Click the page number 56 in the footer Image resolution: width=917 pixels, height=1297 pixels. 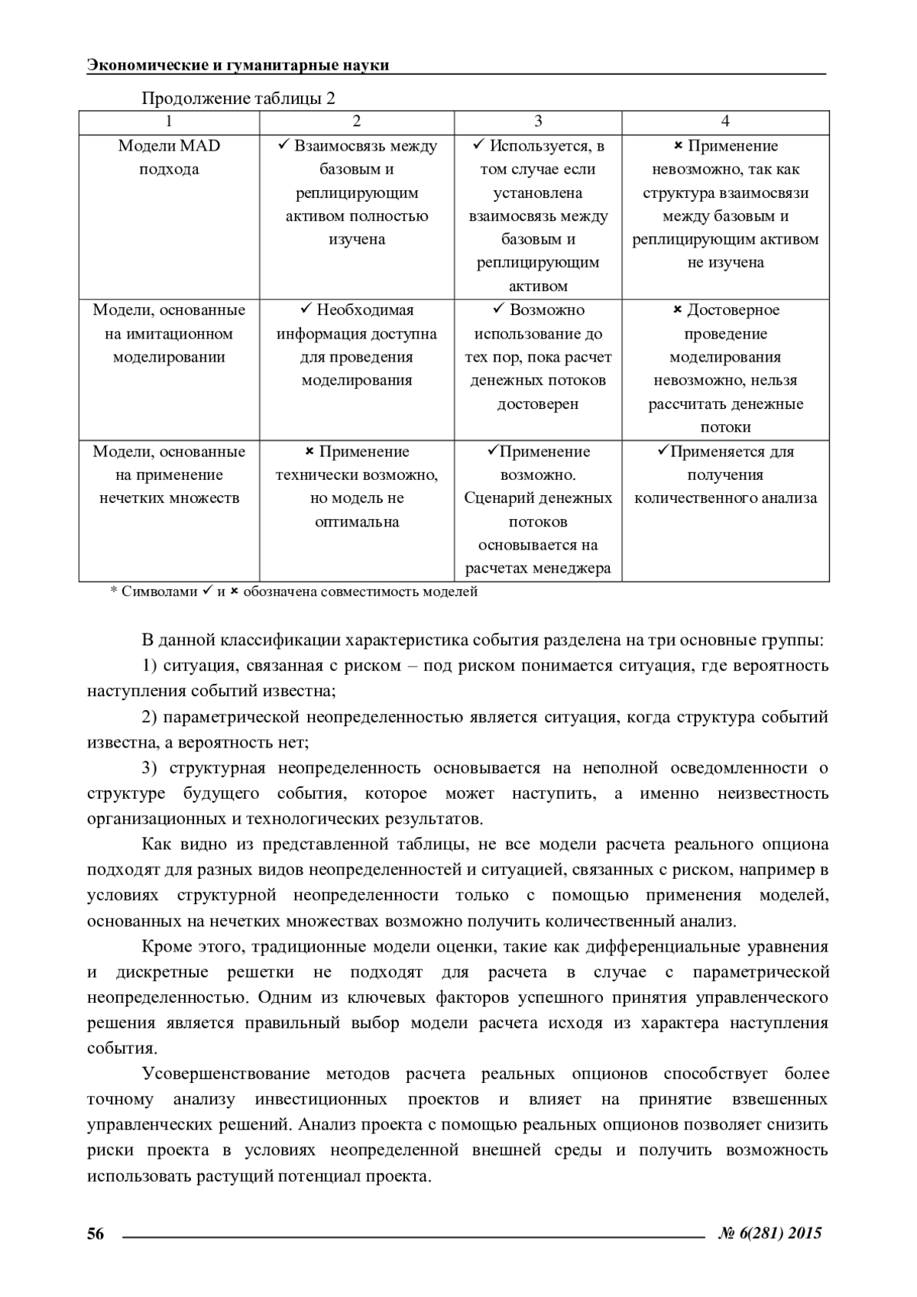pos(96,1233)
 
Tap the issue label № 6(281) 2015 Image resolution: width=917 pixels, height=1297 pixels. pos(771,1233)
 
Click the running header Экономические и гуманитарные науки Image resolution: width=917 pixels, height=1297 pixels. pos(238,65)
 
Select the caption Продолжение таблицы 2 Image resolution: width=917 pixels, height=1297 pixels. pos(238,99)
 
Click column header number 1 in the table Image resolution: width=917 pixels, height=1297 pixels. pos(169,122)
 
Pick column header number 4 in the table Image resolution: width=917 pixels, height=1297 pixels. pos(725,122)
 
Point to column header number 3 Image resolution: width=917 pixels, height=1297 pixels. pos(538,122)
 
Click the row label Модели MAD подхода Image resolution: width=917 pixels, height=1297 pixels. pos(169,157)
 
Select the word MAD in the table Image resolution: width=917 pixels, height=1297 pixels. pos(200,146)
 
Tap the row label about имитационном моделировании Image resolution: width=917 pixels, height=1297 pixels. pos(169,333)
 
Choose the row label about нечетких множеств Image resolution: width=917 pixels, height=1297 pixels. pos(169,475)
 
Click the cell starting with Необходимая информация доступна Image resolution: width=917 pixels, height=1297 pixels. pos(357,345)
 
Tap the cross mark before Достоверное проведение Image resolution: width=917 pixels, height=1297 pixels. pos(677,310)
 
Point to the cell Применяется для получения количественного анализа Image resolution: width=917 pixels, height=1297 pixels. pos(725,475)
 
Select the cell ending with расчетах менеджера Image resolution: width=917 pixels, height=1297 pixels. pos(538,510)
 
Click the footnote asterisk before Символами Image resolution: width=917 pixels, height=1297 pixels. pos(114,592)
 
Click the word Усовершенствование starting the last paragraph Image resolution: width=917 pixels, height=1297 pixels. pos(225,1074)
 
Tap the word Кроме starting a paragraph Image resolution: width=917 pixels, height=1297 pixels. pos(164,947)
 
